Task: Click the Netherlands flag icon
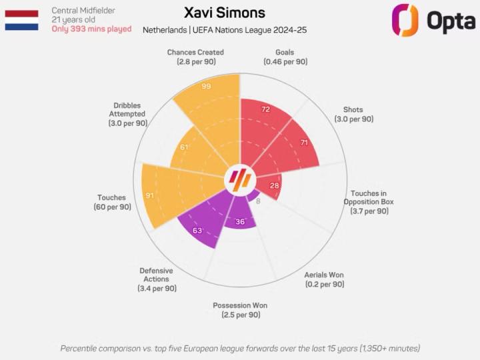[22, 20]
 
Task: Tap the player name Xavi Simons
[224, 13]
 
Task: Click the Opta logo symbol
[405, 20]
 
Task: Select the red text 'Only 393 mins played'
[91, 29]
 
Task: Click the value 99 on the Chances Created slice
[206, 87]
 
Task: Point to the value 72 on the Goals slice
[265, 109]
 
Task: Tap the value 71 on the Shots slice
[303, 143]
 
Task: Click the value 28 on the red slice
[274, 185]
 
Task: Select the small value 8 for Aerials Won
[258, 200]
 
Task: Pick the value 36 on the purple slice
[240, 221]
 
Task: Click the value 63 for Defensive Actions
[197, 231]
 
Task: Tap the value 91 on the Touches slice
[151, 196]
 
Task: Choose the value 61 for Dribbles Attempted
[184, 147]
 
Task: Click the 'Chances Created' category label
[195, 52]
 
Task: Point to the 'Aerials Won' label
[324, 275]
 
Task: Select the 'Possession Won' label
[240, 305]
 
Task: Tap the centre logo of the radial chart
[240, 179]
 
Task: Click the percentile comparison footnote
[240, 348]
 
